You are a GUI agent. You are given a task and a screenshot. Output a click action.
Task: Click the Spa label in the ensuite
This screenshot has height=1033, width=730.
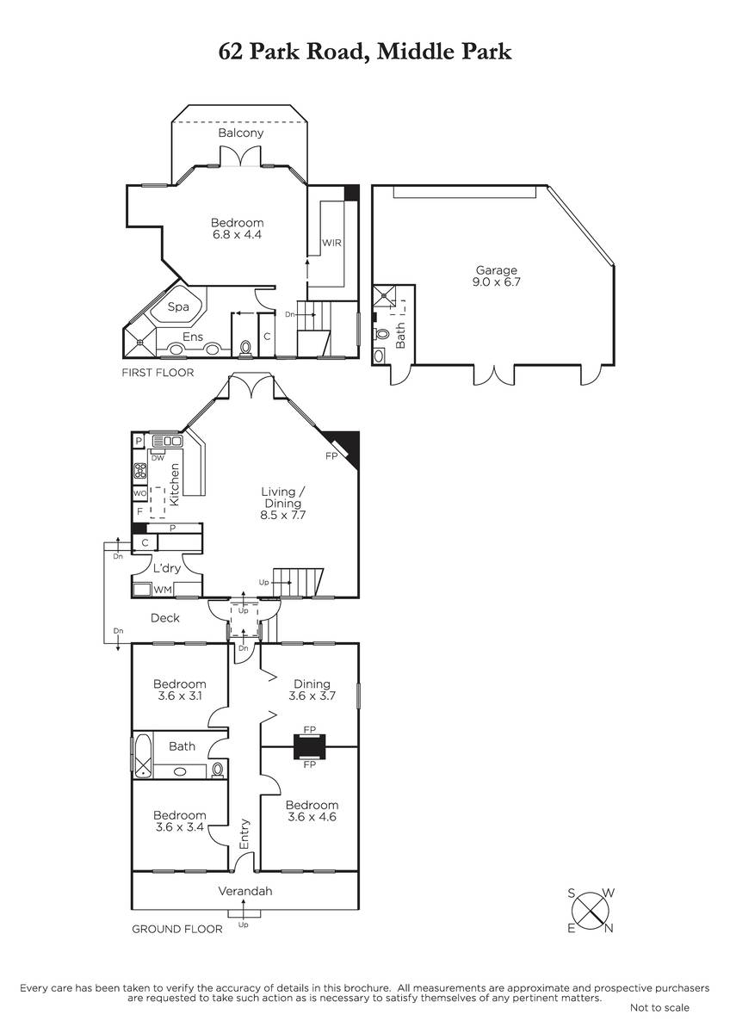click(178, 307)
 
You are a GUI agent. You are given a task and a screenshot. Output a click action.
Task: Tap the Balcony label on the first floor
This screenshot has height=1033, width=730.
click(241, 133)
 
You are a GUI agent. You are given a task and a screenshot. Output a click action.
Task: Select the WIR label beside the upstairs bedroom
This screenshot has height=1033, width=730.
click(331, 243)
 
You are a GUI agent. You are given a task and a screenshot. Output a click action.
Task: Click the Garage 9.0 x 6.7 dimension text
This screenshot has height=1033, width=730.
click(496, 281)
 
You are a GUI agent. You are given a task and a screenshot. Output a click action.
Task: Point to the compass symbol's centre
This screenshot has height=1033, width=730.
click(591, 911)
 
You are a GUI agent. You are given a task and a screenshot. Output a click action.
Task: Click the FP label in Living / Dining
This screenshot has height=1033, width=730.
click(331, 456)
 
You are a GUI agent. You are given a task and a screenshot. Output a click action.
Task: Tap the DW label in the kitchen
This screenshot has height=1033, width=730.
click(158, 458)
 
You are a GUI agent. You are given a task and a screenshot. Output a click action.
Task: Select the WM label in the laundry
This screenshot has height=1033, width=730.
click(163, 590)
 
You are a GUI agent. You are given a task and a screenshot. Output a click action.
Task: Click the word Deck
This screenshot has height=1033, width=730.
click(165, 618)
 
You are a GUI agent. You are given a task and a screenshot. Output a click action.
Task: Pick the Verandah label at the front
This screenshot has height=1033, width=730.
click(245, 891)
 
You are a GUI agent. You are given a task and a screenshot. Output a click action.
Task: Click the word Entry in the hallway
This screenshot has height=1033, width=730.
click(244, 834)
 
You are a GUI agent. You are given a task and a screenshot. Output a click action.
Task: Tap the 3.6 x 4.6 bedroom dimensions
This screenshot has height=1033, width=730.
click(312, 817)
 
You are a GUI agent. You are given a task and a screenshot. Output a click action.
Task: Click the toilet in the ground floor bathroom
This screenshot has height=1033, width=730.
click(218, 769)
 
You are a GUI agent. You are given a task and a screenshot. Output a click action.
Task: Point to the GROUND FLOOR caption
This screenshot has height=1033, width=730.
click(177, 929)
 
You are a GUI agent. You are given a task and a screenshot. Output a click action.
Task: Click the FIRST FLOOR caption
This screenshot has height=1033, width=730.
click(158, 373)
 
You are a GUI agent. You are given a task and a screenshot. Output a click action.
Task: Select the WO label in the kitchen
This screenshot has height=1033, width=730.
click(139, 493)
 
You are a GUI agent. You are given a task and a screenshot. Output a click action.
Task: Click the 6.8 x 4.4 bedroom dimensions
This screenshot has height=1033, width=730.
click(237, 234)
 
